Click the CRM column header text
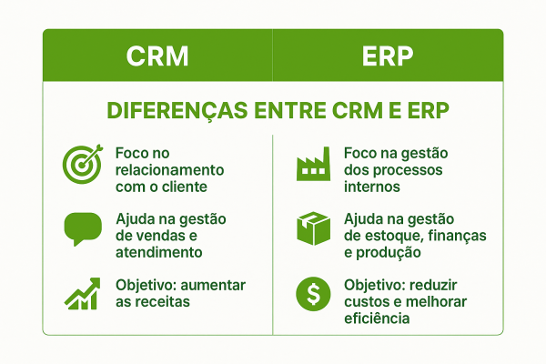coord(157,56)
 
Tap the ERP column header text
coord(388,56)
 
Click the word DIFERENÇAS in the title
coord(177,111)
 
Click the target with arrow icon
coord(83,164)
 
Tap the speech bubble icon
coord(83,228)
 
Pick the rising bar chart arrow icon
coord(83,294)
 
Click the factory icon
coord(313,164)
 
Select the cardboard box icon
coord(313,228)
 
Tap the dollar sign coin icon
coord(313,294)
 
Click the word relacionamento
coord(170,170)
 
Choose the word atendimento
coord(158,252)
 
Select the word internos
coord(372,187)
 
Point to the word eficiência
coord(377,318)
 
